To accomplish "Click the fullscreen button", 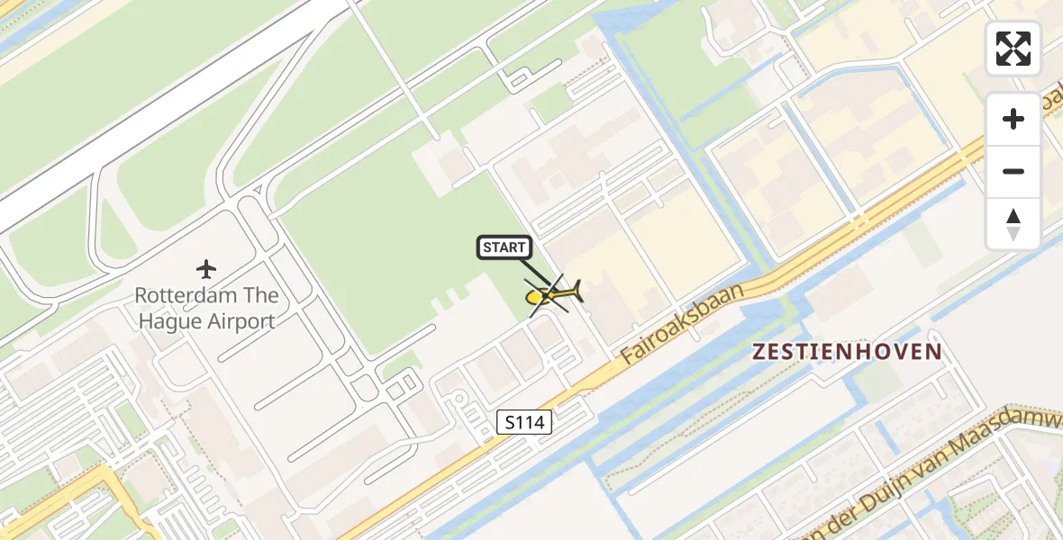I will click(x=1013, y=49).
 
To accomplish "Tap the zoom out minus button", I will click(x=1013, y=171).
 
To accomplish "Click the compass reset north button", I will click(x=1013, y=223).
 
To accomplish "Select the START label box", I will click(x=504, y=247).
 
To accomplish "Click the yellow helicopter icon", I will click(x=551, y=294).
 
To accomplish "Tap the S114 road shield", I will click(x=524, y=421).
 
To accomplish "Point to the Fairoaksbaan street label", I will click(x=684, y=323).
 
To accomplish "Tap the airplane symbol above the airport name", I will click(x=206, y=268).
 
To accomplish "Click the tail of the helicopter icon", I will click(x=575, y=290).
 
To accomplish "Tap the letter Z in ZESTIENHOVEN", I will click(x=759, y=352).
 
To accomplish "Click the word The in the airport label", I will click(x=261, y=295).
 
